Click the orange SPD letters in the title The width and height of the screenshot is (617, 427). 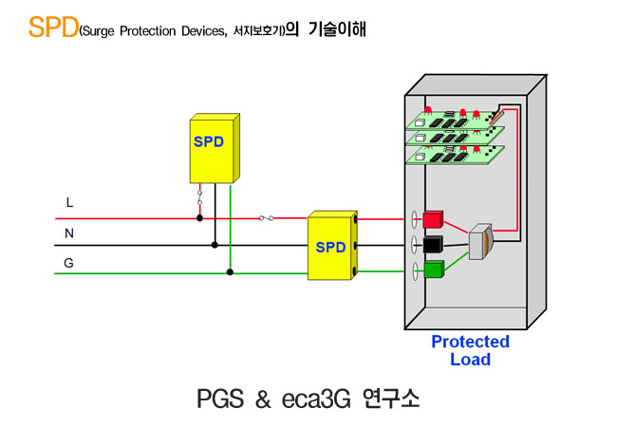pyautogui.click(x=53, y=28)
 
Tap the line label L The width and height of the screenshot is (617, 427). pyautogui.click(x=69, y=202)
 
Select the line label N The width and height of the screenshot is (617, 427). pyautogui.click(x=69, y=233)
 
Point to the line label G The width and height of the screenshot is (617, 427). pyautogui.click(x=69, y=263)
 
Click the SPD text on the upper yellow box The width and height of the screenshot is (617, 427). pyautogui.click(x=209, y=141)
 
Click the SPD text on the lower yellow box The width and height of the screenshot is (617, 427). pyautogui.click(x=330, y=248)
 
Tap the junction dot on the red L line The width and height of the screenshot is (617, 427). pyautogui.click(x=200, y=218)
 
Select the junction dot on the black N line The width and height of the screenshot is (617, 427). pyautogui.click(x=215, y=245)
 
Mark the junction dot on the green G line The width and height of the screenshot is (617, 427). pyautogui.click(x=230, y=272)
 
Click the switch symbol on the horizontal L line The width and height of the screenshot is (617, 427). pyautogui.click(x=267, y=218)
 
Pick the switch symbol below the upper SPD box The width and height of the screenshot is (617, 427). pyautogui.click(x=200, y=197)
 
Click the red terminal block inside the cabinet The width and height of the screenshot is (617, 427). pyautogui.click(x=433, y=219)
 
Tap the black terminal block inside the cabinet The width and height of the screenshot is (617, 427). pyautogui.click(x=433, y=244)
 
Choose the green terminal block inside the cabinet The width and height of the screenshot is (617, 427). pyautogui.click(x=434, y=269)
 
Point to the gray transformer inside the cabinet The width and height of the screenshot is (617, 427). pyautogui.click(x=481, y=241)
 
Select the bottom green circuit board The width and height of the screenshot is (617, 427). pyautogui.click(x=455, y=155)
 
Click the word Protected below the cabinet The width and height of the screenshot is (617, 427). pyautogui.click(x=470, y=342)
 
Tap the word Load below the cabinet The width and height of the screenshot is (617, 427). pyautogui.click(x=470, y=360)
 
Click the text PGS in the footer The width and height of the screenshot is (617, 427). pyautogui.click(x=220, y=399)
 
